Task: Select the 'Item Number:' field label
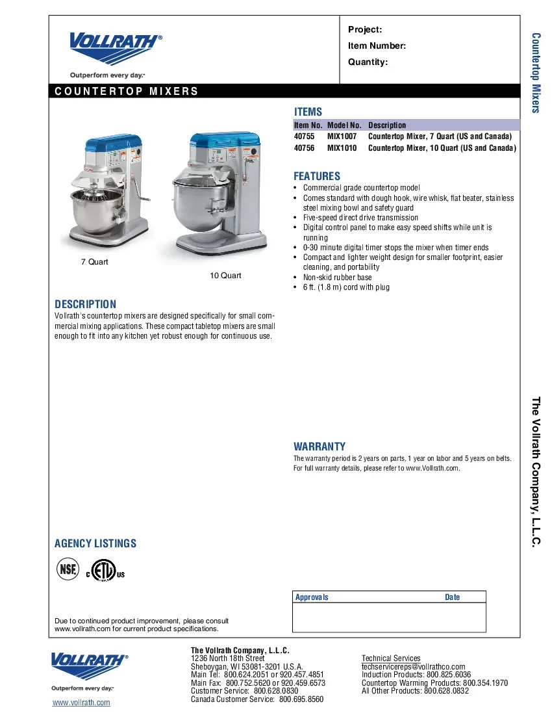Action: [x=377, y=45]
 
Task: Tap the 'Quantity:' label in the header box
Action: [x=368, y=62]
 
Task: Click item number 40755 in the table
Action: [x=304, y=136]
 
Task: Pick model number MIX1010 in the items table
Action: [x=342, y=148]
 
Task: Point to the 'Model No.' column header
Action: [x=344, y=125]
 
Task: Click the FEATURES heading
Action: [x=316, y=176]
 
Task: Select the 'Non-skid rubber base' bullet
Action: [x=337, y=277]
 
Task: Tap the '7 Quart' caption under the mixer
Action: [x=94, y=262]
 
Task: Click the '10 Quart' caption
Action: [x=225, y=276]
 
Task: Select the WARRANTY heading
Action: [x=319, y=447]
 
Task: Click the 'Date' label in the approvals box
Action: [x=452, y=597]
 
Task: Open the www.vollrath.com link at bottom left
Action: [x=81, y=703]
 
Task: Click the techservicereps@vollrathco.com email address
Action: [x=413, y=667]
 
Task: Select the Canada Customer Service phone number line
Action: [x=257, y=699]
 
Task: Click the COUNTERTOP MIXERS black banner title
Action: [x=127, y=91]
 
